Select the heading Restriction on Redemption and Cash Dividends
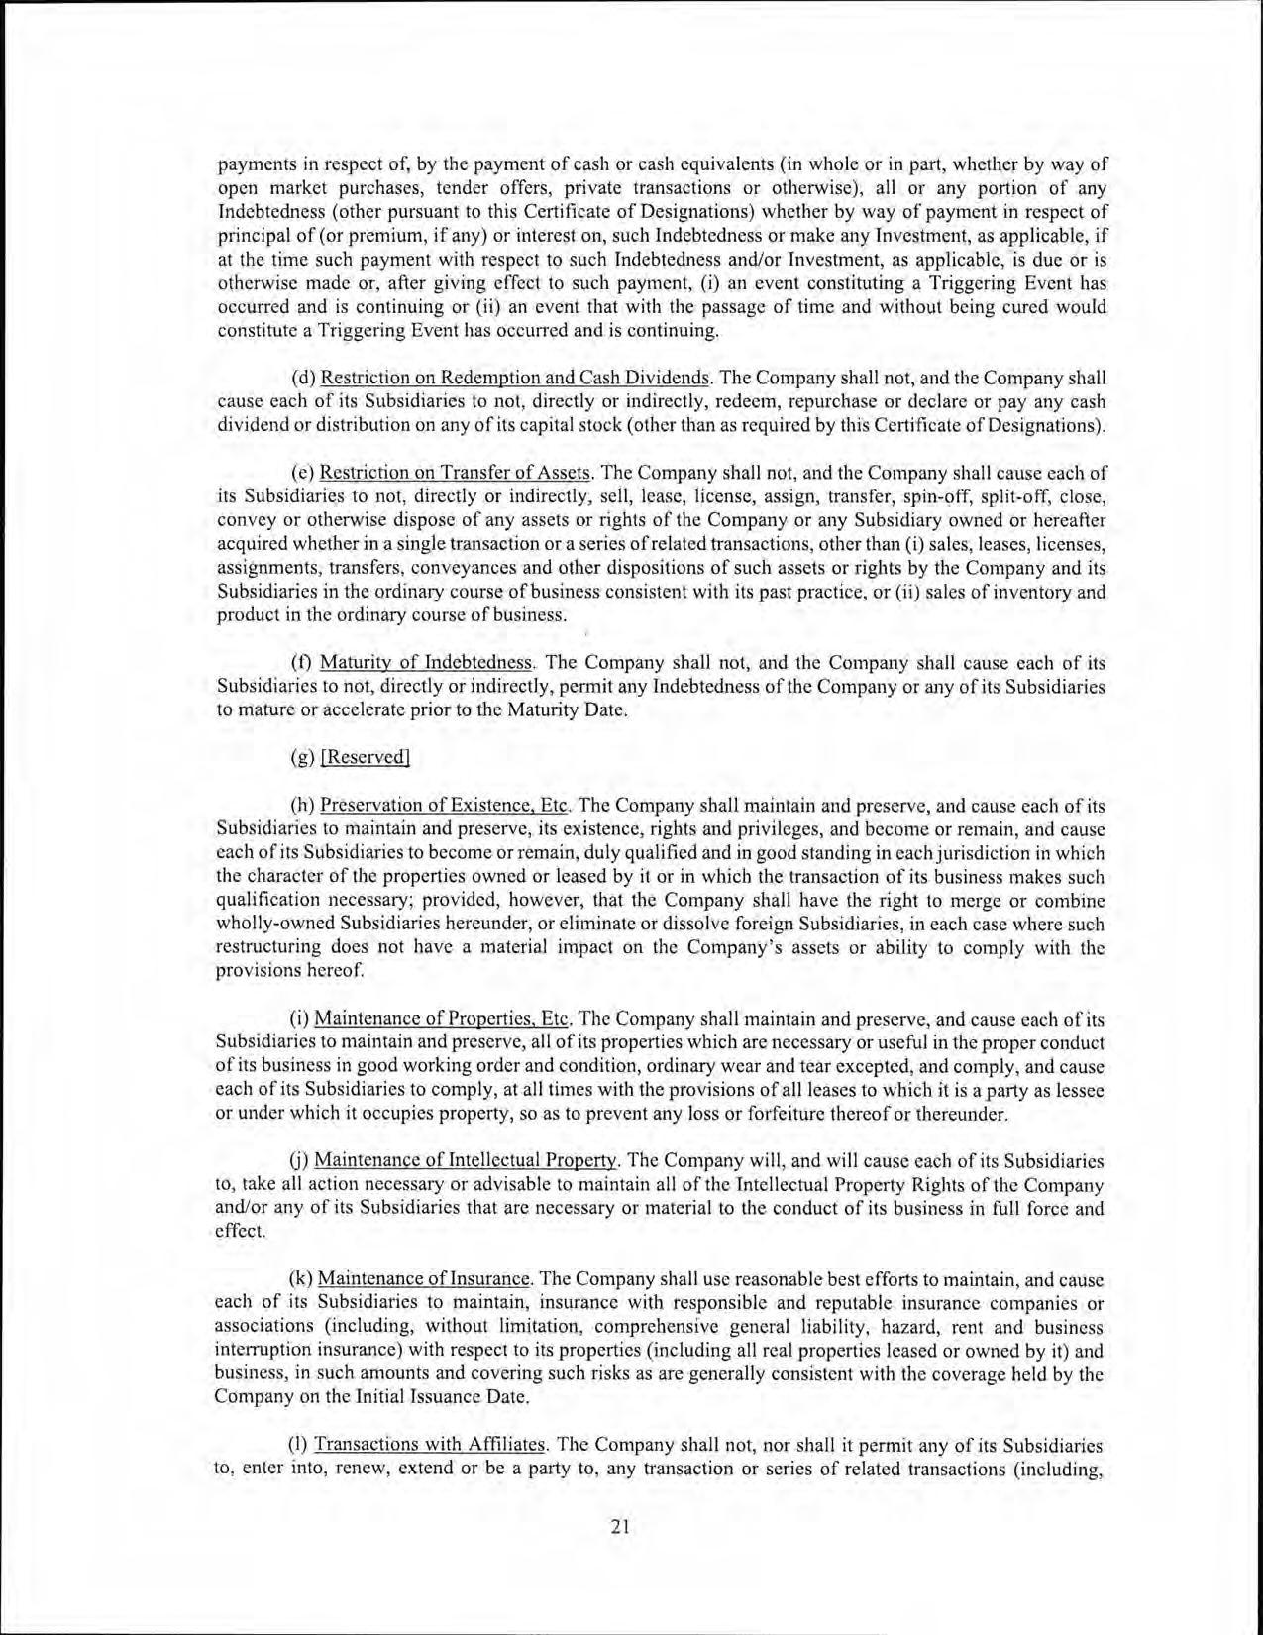[515, 379]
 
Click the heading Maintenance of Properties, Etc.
[443, 1019]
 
